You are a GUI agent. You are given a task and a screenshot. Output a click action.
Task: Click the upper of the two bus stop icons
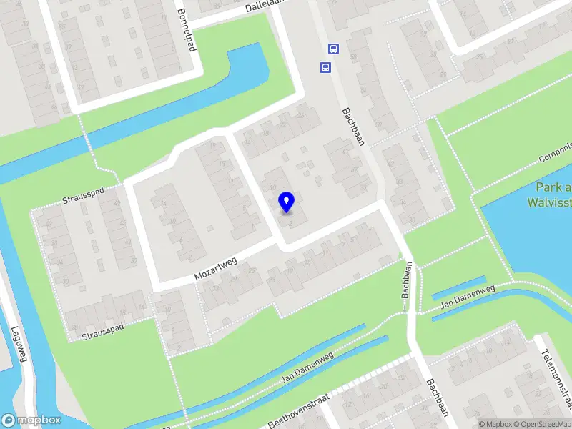[333, 49]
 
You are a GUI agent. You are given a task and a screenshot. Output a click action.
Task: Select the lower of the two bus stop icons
[325, 68]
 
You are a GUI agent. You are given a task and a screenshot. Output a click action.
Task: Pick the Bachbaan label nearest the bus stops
[353, 126]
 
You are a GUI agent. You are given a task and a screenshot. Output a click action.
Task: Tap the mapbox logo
[31, 420]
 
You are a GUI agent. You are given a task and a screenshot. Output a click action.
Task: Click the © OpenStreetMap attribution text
[542, 424]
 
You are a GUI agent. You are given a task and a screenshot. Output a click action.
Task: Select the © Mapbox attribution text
[495, 424]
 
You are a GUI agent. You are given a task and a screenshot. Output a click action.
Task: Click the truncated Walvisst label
[549, 202]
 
